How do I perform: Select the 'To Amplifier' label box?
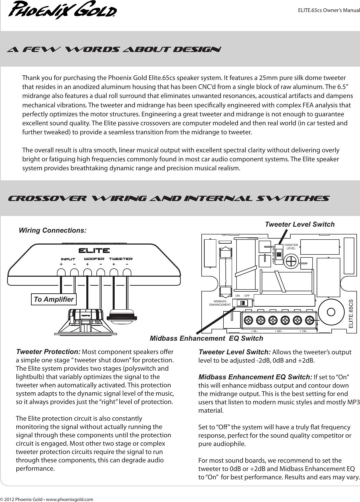(x=54, y=299)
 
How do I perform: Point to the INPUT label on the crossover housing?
(x=68, y=259)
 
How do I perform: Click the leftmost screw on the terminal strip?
(x=248, y=320)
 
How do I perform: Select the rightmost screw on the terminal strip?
(x=309, y=320)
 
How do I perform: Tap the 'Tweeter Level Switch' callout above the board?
(x=299, y=224)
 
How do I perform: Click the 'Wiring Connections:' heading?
(x=53, y=230)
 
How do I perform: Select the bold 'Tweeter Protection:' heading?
(x=48, y=352)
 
